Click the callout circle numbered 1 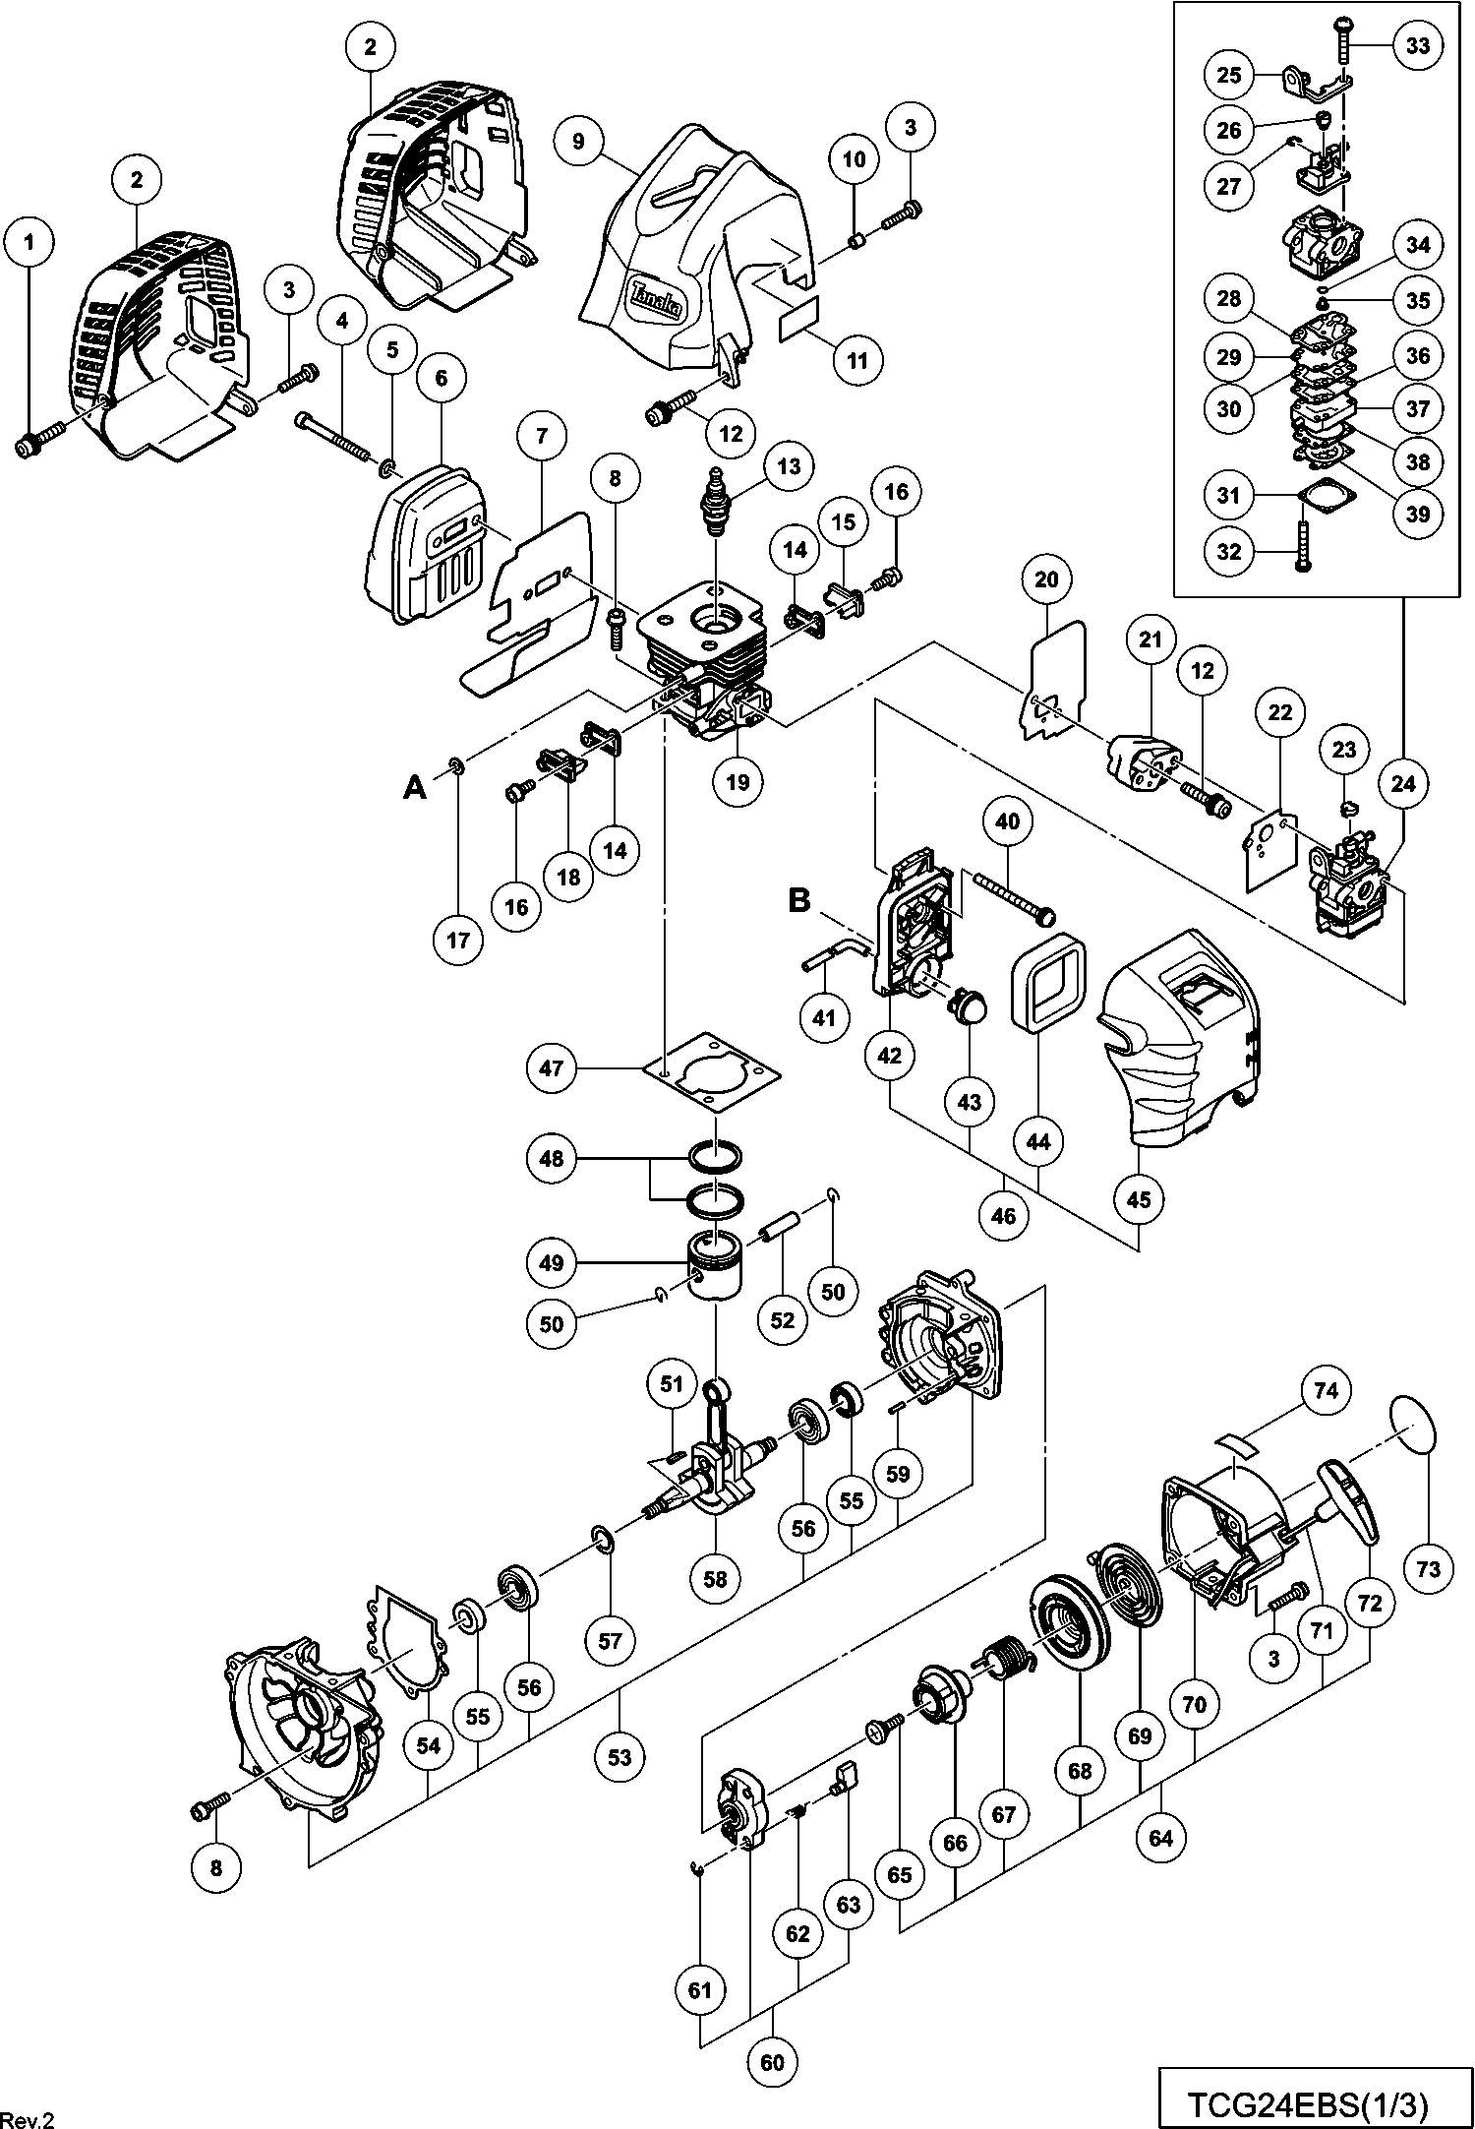coord(29,242)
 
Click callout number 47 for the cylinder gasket coord(552,1066)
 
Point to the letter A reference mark coord(416,787)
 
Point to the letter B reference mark coord(800,900)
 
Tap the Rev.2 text coord(28,2117)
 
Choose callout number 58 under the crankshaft coord(715,1578)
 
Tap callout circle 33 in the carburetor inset coord(1418,45)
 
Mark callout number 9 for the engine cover coord(577,141)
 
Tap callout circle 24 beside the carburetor coord(1403,783)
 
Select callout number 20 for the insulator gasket coord(1046,579)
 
